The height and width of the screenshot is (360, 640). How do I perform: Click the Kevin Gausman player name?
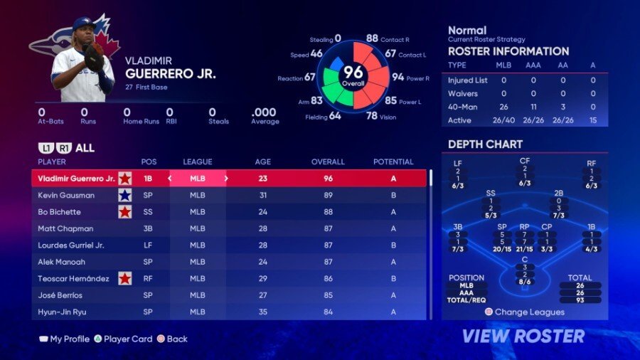tap(66, 195)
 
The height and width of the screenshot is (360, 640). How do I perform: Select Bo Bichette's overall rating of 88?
tap(328, 212)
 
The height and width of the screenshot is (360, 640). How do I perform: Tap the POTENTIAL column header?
tap(393, 162)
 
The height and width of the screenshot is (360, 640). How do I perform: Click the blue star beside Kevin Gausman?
tap(125, 195)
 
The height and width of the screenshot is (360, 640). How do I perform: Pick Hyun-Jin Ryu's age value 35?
tap(262, 312)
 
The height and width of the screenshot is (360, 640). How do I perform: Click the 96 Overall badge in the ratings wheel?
tap(353, 74)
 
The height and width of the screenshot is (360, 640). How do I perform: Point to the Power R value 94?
tap(398, 77)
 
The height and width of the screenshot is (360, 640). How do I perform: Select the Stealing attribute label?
tap(321, 39)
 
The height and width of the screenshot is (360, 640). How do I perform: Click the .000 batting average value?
tap(264, 112)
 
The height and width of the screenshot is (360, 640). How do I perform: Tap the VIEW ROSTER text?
tap(523, 336)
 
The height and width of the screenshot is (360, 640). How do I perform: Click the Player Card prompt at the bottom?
tap(128, 339)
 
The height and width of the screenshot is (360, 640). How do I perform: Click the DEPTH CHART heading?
tap(485, 144)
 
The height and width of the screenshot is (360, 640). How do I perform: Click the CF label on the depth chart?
tap(525, 161)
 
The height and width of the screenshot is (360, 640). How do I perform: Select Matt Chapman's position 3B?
tap(149, 228)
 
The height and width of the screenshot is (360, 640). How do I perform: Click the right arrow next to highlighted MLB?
tap(226, 179)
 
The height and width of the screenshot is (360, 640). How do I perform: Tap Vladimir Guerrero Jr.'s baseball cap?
tap(84, 25)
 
